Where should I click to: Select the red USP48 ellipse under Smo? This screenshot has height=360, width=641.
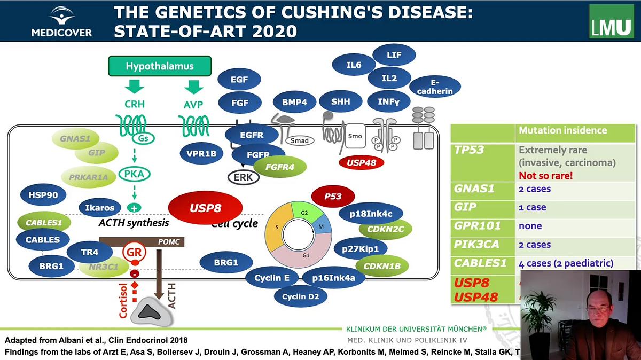(x=361, y=163)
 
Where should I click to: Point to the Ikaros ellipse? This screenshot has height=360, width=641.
(x=100, y=208)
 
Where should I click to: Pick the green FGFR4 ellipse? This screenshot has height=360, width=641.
(x=281, y=167)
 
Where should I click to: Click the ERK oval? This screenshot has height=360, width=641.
(x=244, y=177)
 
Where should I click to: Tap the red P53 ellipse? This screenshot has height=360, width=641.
(x=333, y=197)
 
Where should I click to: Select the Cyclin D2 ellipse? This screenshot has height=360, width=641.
(x=300, y=295)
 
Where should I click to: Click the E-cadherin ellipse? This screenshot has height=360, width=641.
(x=435, y=87)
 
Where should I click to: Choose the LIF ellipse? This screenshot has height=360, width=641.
(x=394, y=55)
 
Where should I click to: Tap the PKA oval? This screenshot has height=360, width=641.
(x=134, y=174)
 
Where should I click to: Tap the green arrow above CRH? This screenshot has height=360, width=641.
(x=134, y=87)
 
